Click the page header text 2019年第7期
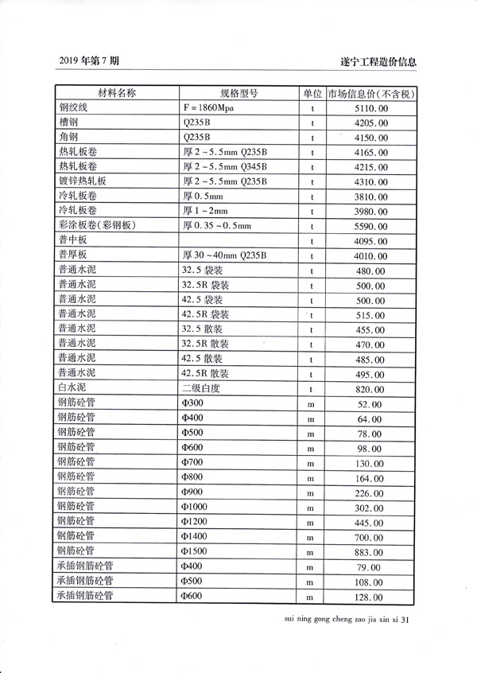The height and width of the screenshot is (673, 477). tap(89, 61)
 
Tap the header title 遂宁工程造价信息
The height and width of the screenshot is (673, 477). tap(378, 62)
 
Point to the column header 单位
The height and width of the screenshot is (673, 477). tap(312, 94)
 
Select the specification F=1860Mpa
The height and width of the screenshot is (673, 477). tap(213, 108)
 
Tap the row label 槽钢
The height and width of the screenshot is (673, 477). tap(68, 123)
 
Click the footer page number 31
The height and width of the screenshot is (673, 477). tap(408, 618)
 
